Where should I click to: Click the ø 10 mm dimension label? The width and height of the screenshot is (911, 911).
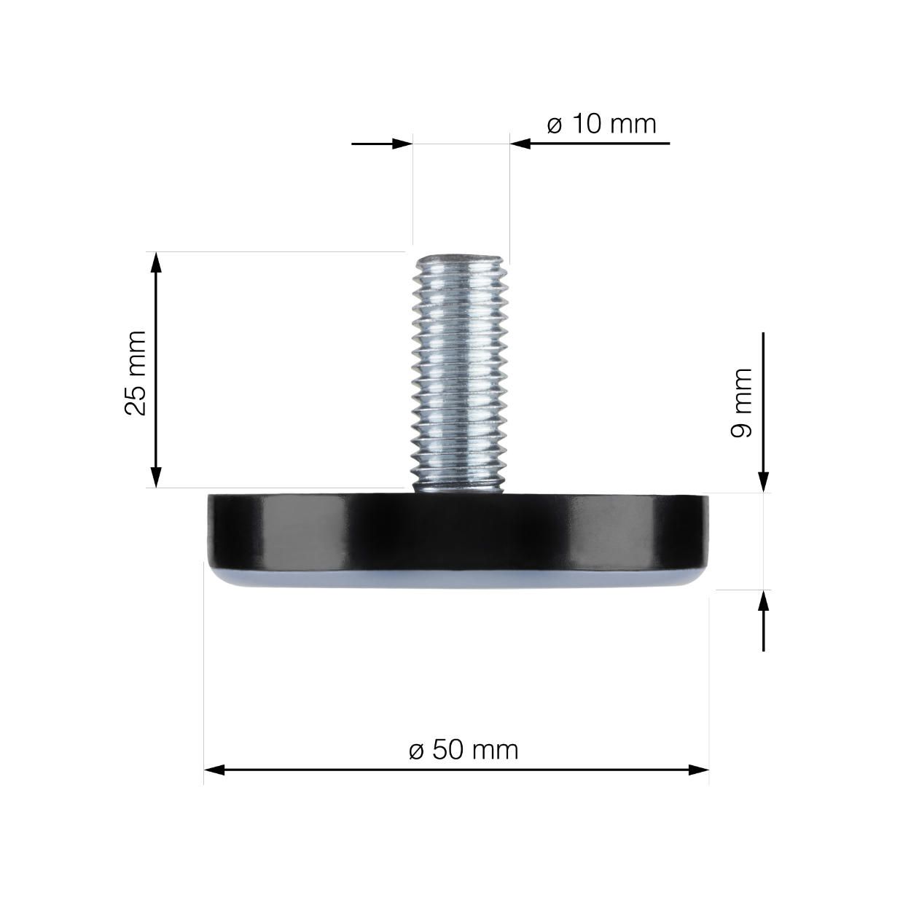(x=601, y=124)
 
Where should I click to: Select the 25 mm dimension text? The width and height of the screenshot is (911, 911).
(x=136, y=372)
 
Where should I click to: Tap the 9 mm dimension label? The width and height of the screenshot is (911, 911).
(x=741, y=402)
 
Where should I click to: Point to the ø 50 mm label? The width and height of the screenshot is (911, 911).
(x=464, y=749)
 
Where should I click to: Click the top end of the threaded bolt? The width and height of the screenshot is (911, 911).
(x=459, y=259)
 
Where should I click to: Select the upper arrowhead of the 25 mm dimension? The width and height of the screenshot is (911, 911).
(x=155, y=262)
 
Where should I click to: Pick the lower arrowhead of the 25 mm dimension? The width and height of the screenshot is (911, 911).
(x=155, y=478)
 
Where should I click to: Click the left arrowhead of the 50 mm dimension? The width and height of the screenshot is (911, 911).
(x=214, y=770)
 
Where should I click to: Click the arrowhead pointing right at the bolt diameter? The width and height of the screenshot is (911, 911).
(x=403, y=144)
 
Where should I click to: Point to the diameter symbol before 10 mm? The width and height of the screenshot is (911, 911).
(x=555, y=125)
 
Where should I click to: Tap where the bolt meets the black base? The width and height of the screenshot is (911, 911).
(x=459, y=491)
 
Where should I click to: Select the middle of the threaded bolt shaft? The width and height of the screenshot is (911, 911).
(x=459, y=372)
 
